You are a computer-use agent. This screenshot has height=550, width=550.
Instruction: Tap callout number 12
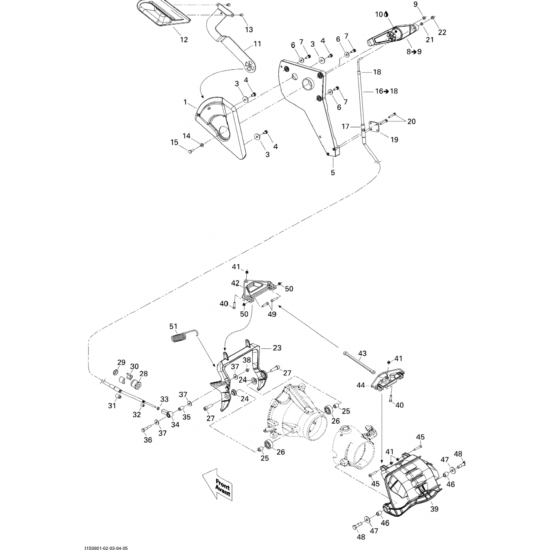[184, 39]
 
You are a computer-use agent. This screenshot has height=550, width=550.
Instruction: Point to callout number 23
[277, 347]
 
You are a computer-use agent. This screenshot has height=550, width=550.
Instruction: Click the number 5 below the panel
[333, 172]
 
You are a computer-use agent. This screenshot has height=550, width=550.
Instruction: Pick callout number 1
[186, 102]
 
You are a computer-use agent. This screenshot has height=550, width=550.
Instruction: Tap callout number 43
[362, 353]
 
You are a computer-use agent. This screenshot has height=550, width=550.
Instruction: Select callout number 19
[394, 139]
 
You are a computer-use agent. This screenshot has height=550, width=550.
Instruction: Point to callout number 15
[174, 142]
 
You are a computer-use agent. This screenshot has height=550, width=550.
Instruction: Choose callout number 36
[147, 440]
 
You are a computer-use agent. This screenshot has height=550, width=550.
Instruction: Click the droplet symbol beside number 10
[386, 14]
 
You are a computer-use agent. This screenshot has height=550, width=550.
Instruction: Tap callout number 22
[442, 32]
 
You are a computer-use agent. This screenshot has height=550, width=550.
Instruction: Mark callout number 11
[257, 44]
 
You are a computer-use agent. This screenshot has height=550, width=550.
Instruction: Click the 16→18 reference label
[386, 91]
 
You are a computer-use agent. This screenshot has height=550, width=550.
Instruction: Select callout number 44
[361, 385]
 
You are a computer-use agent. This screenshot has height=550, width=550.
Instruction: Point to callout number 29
[121, 363]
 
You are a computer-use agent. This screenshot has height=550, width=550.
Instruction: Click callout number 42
[235, 283]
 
